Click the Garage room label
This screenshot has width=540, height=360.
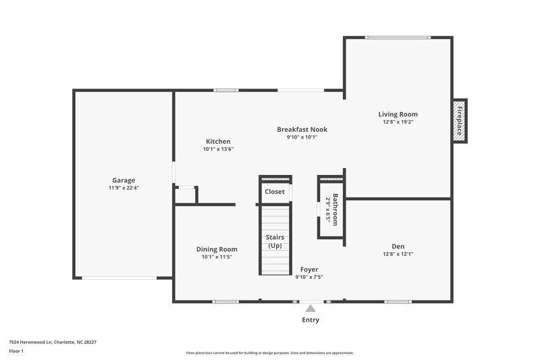coord(124,180)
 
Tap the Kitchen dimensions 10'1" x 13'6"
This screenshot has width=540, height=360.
coord(218,149)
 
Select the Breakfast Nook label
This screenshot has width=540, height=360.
coord(302,129)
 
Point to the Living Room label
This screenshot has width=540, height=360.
coord(398,114)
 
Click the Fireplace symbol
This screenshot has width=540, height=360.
coord(459,121)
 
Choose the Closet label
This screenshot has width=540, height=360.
coord(275,192)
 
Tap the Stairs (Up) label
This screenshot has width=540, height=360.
coord(275,241)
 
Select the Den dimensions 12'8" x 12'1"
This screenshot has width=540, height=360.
coord(398,255)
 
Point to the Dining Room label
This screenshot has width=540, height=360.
coord(217,249)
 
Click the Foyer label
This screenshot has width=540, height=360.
coord(309,269)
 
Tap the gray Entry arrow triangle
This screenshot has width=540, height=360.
coord(310,308)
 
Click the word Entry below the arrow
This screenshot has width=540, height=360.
coord(310,320)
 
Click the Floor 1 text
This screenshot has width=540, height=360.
coord(16,352)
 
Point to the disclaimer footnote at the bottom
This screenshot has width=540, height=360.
coord(269,353)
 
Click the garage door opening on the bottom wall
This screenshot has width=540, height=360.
coord(119,278)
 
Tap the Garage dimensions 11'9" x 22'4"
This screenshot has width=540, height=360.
coord(124,188)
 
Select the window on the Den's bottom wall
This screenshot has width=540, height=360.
coord(398,301)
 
